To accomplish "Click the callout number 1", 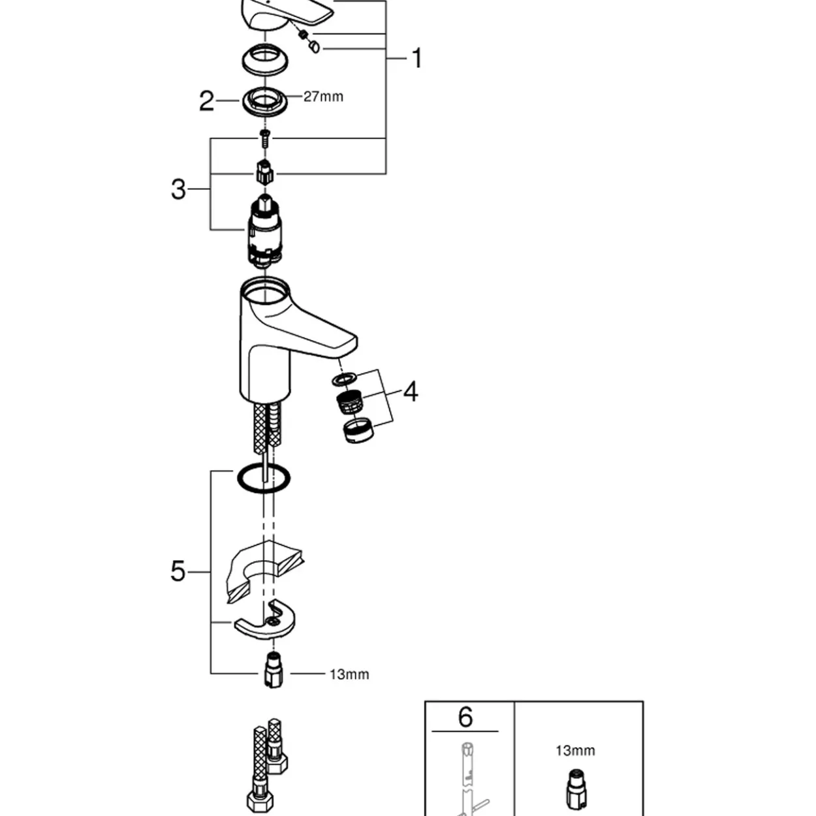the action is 417,58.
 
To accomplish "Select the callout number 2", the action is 207,101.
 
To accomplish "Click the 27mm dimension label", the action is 324,97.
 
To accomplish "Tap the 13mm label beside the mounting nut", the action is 349,674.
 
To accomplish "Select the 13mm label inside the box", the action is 575,751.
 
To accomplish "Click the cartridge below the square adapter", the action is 264,231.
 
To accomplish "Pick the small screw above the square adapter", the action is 265,138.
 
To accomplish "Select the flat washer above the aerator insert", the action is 344,379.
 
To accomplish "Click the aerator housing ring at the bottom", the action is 358,430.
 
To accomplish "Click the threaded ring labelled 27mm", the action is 264,102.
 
